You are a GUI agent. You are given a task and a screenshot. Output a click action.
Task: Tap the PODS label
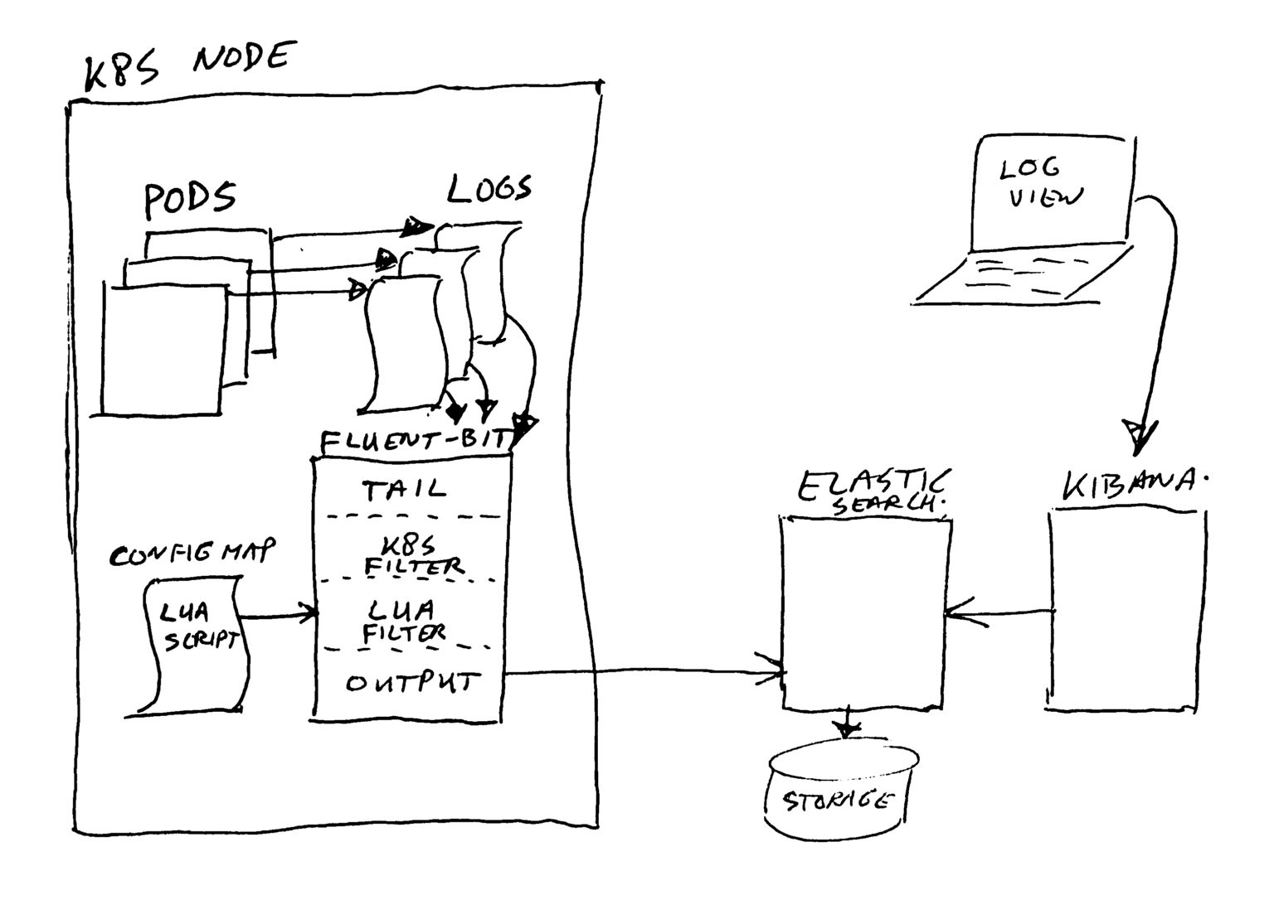tap(190, 199)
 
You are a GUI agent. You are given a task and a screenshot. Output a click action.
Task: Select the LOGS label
tap(489, 190)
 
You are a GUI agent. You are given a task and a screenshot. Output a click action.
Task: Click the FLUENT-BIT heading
tap(411, 440)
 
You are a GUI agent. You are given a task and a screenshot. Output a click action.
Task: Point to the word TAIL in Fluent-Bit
tap(404, 490)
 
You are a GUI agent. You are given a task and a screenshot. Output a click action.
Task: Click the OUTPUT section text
tap(412, 683)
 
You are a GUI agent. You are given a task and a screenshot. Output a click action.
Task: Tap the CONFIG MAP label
tap(192, 554)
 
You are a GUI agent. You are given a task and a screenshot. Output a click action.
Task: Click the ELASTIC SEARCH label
tap(873, 491)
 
